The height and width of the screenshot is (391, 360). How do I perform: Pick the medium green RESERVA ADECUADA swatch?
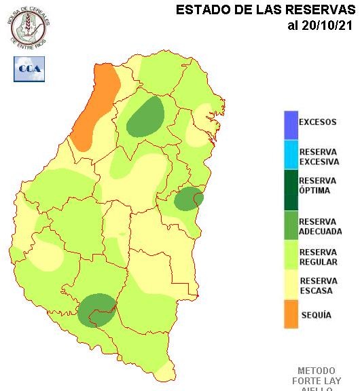(x=291, y=225)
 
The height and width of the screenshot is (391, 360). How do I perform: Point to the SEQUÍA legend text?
(x=316, y=315)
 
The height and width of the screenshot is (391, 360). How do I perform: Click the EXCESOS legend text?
(x=317, y=122)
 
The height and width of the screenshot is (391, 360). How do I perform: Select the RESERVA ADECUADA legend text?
(x=320, y=227)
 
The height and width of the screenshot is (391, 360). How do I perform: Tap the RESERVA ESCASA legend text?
(x=318, y=286)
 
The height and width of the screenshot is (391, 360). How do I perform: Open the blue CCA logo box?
(x=29, y=69)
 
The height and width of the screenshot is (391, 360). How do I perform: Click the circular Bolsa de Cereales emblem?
(x=29, y=26)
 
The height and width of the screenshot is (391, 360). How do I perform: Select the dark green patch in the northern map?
(x=146, y=117)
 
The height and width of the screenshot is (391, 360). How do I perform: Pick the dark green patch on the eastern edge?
(x=188, y=198)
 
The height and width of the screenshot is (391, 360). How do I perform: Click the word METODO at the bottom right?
(x=317, y=371)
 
